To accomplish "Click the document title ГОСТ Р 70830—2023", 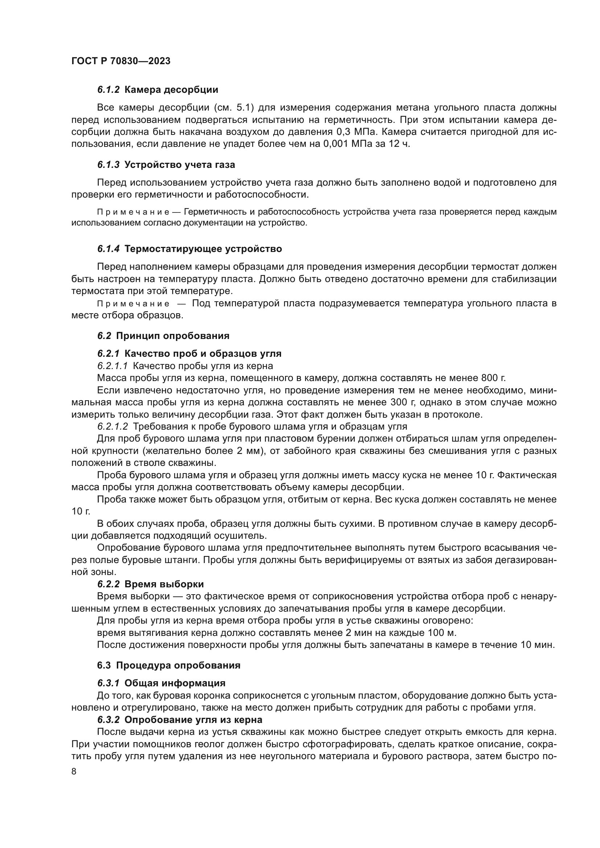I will (121, 61).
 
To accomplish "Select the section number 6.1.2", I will (108, 90).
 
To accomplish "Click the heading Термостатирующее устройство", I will (203, 249).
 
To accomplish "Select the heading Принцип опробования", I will (173, 336).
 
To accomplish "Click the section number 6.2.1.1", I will (112, 366).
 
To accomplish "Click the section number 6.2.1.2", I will (112, 427).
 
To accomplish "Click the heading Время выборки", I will (164, 584).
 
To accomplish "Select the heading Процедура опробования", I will (178, 666).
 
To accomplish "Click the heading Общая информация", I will (175, 683).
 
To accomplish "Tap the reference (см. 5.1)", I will (234, 108).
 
